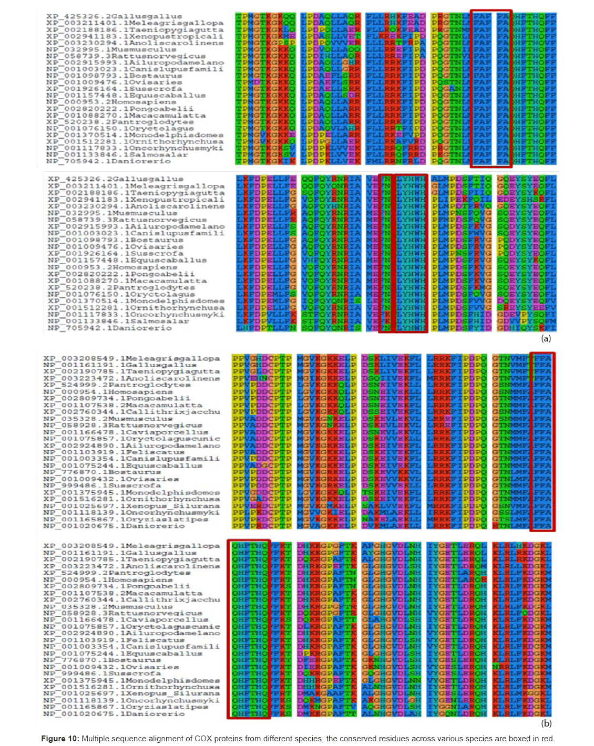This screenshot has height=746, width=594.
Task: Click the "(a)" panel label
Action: point(546,338)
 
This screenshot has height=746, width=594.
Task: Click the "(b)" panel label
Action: point(546,723)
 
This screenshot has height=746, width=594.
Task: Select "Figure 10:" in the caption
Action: point(60,738)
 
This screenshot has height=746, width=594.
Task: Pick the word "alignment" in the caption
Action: point(168,738)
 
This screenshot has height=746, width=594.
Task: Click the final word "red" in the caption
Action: point(547,738)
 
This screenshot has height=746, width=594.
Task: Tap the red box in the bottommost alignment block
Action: point(249,629)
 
